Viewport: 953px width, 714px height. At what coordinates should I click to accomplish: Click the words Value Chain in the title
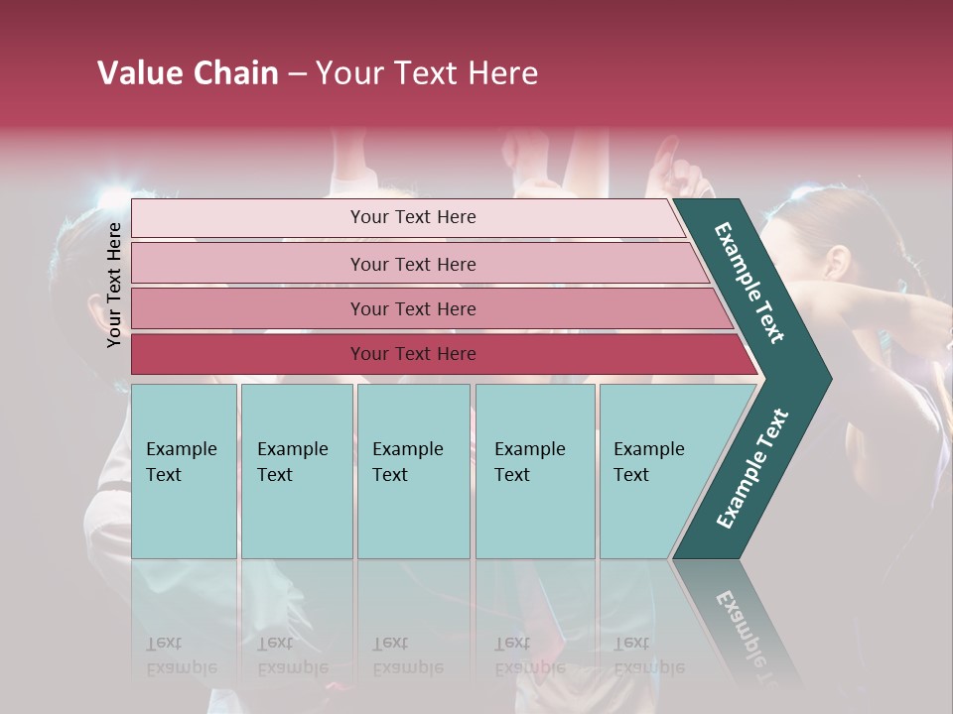point(188,73)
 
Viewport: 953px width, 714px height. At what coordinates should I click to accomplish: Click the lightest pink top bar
point(248,218)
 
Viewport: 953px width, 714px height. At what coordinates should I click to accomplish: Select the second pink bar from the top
point(248,264)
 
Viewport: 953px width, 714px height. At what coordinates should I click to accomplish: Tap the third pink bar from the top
point(248,309)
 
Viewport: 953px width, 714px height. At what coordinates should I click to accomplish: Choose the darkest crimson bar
point(248,354)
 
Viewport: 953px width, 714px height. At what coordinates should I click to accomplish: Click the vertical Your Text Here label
point(114,285)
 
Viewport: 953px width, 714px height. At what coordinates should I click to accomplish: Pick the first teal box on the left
point(184,471)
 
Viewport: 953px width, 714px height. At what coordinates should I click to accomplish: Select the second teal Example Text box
point(296,471)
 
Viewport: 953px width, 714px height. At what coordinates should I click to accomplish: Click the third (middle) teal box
point(413,471)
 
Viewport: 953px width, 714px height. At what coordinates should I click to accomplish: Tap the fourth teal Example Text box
point(535,471)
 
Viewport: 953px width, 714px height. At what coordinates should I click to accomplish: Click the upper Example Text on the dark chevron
point(749,283)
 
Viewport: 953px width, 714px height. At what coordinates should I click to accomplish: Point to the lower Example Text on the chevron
point(752,468)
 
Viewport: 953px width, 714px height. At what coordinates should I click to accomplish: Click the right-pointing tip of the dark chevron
point(824,379)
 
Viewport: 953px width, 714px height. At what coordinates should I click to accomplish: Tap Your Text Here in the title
point(427,73)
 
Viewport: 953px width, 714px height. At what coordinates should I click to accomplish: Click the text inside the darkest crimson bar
point(413,354)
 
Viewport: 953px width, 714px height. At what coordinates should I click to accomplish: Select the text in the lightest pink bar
point(413,217)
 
